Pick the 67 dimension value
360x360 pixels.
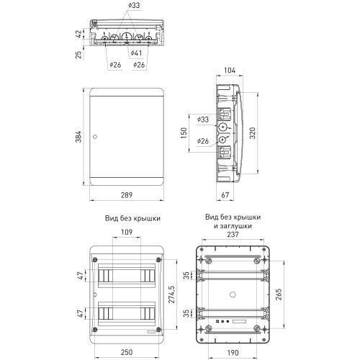[x=225, y=194]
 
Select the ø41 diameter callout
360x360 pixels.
[x=137, y=53]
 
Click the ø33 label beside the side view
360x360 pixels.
[x=202, y=119]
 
